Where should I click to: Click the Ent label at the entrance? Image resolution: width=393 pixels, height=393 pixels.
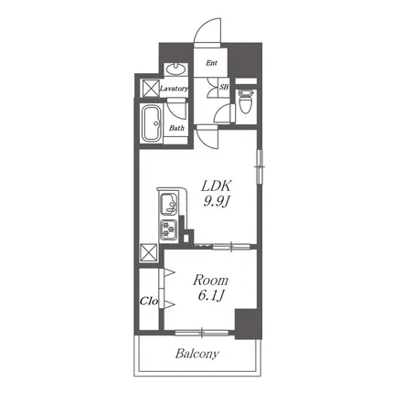tap(211, 63)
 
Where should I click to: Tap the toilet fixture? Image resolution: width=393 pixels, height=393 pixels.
tap(245, 101)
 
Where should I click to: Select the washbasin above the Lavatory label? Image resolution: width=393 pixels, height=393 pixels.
tap(176, 69)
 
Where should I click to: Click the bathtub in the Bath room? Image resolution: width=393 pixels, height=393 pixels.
tap(152, 123)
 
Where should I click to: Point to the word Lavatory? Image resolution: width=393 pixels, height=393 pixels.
tap(174, 89)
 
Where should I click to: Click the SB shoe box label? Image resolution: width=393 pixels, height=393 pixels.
tap(224, 87)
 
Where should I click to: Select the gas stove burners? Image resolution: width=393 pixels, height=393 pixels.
tap(169, 228)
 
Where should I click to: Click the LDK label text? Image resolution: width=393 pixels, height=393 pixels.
tap(217, 186)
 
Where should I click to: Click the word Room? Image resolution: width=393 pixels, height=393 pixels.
tap(210, 281)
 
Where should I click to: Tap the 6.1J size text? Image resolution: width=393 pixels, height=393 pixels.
tap(211, 295)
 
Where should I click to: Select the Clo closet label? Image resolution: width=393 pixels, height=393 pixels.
tap(149, 302)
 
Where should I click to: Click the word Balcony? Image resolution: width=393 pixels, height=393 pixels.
tap(197, 354)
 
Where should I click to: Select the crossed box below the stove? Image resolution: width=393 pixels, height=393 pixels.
tap(149, 252)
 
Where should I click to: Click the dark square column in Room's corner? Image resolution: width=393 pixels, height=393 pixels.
tap(248, 324)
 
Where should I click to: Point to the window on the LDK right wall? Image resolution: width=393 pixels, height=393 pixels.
tap(260, 166)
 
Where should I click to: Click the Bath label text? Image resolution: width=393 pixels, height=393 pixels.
tap(176, 128)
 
